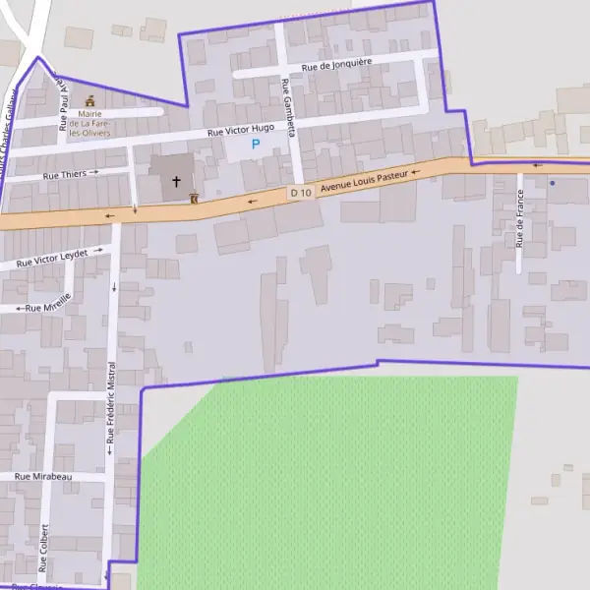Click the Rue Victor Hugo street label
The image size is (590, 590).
tap(240, 130)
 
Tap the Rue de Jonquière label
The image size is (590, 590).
tap(336, 65)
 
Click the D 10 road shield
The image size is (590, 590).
tap(301, 193)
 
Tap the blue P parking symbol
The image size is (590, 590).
tap(256, 145)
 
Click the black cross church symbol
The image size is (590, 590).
tap(177, 182)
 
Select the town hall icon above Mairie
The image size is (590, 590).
tap(91, 100)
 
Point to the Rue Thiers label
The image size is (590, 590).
tap(65, 175)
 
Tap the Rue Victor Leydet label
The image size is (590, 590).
tap(53, 259)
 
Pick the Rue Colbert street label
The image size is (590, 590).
tap(43, 547)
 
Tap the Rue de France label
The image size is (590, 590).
tap(518, 217)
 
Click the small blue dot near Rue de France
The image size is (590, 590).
tap(553, 183)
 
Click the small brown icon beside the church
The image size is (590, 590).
tap(195, 197)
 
